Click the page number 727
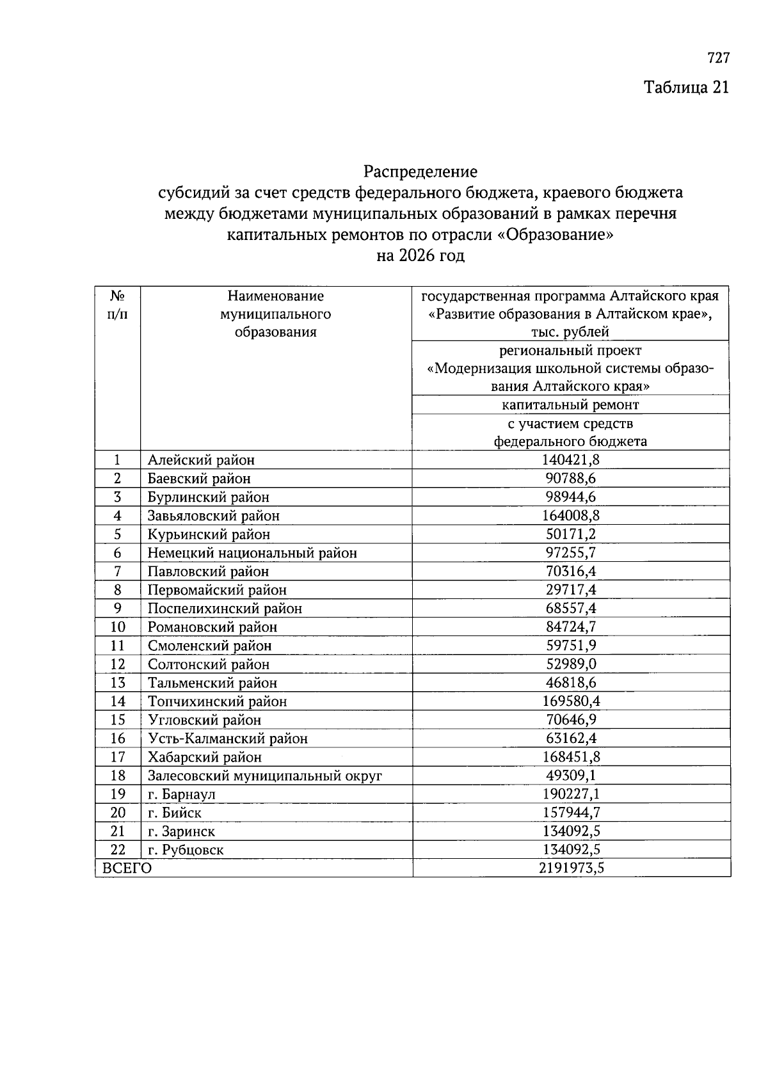pos(718,58)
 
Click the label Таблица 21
pos(685,87)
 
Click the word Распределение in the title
pos(420,172)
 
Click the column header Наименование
pos(275,296)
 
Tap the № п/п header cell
pos(117,305)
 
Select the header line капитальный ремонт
pos(570,404)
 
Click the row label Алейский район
pos(201,460)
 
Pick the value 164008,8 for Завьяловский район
pos(570,516)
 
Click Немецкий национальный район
pos(252,553)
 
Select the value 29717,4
pos(570,590)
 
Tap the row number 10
pos(117,627)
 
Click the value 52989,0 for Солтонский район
pos(570,664)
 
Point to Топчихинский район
pos(217,701)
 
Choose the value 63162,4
pos(570,739)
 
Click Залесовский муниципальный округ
pos(264,776)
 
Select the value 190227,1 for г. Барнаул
pos(570,794)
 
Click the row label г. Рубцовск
pos(186,850)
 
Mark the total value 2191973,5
pos(570,868)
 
